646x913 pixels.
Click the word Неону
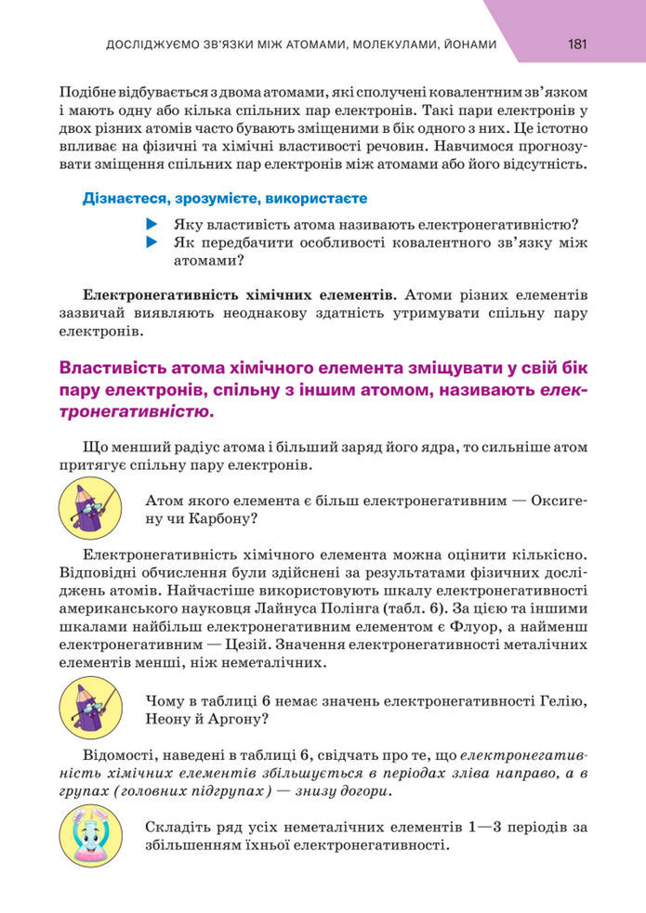pos(170,719)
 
